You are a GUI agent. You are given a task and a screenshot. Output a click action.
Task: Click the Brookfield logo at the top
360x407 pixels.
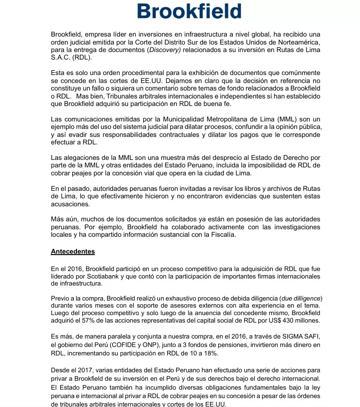point(189,11)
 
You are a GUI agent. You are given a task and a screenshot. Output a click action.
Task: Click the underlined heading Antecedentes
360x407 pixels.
point(73,251)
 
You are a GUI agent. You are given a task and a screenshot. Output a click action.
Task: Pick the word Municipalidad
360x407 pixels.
point(177,120)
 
